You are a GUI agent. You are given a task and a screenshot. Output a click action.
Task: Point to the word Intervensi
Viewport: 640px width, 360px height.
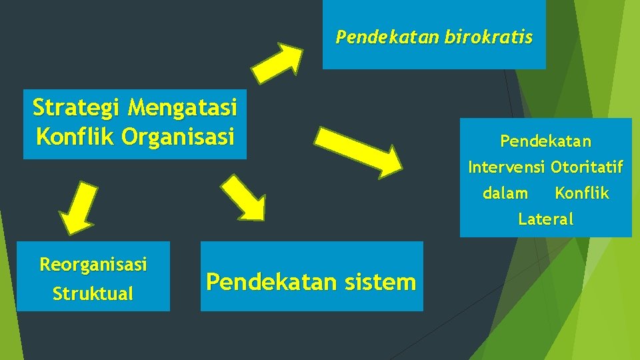point(507,167)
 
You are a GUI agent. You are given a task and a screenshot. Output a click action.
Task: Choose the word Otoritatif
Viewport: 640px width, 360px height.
point(587,167)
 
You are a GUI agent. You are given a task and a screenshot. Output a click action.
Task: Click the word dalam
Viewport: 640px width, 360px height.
point(505,193)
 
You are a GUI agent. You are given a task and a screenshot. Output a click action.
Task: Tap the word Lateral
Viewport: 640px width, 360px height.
point(545,219)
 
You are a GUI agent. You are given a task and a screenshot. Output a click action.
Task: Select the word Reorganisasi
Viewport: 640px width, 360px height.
point(93,265)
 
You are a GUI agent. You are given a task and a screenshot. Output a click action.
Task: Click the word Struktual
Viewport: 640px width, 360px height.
point(93,293)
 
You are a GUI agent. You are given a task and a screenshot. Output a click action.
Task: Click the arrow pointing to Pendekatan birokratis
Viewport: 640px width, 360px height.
point(278,62)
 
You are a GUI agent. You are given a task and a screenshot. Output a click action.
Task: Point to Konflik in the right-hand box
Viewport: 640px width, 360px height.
point(582,193)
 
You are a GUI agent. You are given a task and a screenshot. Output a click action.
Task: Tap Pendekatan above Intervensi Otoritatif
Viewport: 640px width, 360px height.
point(545,141)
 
